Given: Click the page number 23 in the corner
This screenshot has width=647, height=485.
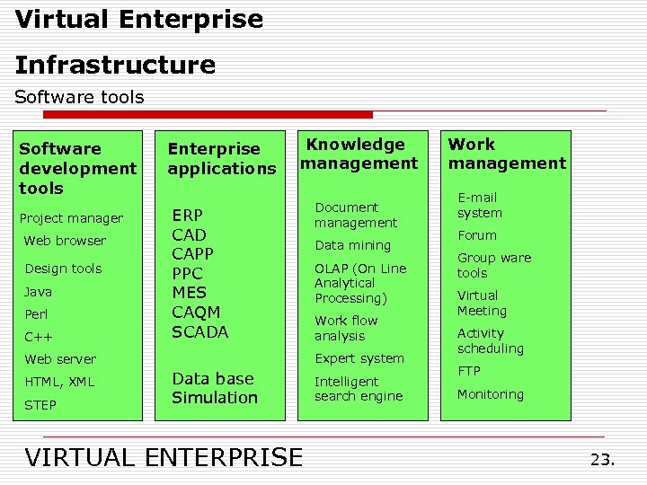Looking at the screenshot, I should [602, 459].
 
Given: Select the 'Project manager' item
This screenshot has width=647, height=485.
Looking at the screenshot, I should [71, 218].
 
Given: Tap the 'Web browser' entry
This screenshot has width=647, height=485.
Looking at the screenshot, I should [65, 241].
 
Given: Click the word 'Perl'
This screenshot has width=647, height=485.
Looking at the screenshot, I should [36, 314].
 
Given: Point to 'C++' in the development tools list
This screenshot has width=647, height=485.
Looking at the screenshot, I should [38, 337].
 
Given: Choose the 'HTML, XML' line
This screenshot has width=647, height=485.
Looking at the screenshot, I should [59, 382].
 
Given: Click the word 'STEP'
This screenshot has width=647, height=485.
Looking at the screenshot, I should [40, 405].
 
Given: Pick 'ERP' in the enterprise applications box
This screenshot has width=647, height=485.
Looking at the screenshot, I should [188, 216].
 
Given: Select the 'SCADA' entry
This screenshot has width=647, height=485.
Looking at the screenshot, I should [200, 331].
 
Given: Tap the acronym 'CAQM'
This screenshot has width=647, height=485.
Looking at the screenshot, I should [196, 313].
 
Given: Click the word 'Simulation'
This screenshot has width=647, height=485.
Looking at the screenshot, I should [215, 397].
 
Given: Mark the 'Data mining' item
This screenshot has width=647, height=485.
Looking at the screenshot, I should [353, 245].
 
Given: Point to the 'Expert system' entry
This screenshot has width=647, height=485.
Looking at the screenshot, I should [359, 358].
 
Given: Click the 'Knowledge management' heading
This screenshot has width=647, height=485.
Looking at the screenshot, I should [359, 154].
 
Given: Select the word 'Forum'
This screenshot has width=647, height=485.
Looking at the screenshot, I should [477, 235].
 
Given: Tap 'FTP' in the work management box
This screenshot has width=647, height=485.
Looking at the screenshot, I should [469, 371].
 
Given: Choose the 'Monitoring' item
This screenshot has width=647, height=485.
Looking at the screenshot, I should [490, 394].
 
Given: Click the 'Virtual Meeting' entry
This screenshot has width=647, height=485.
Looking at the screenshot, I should [482, 303].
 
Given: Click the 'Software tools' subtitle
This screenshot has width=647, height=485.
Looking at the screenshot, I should [79, 97].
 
